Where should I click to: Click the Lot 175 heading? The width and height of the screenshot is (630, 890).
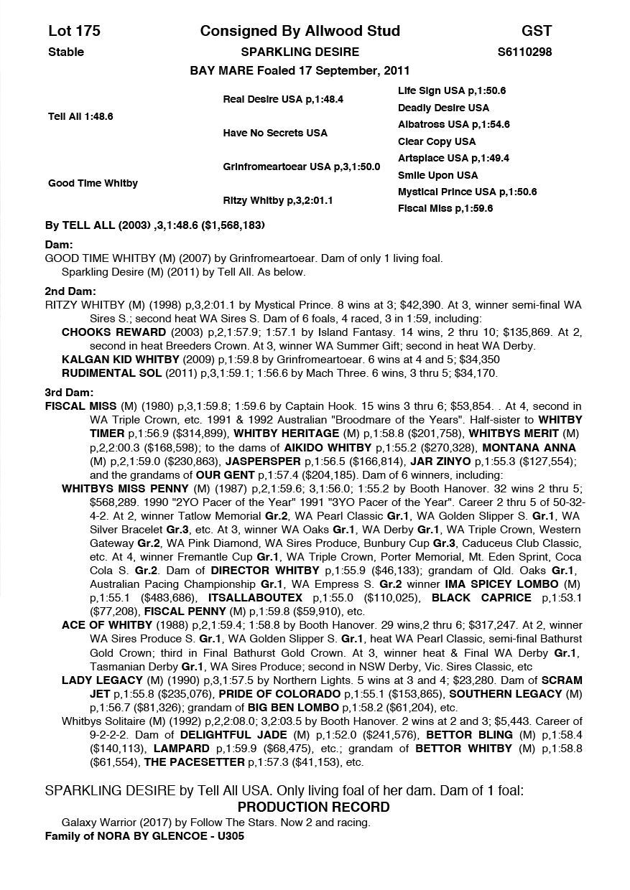[74, 31]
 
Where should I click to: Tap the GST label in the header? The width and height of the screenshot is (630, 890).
[537, 31]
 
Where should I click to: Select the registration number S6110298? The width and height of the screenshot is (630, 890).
[524, 52]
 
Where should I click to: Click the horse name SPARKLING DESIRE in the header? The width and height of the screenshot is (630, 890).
[300, 52]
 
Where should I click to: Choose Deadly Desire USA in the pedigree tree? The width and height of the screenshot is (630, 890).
[443, 108]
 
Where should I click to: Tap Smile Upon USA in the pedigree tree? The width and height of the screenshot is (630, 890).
[437, 175]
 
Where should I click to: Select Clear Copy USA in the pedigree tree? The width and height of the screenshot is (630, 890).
[436, 141]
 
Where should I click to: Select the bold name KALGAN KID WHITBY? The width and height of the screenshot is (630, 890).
[121, 360]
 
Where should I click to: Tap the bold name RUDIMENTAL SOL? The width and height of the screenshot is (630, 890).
[111, 373]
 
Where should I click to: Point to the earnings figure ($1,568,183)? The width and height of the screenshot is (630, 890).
[231, 225]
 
